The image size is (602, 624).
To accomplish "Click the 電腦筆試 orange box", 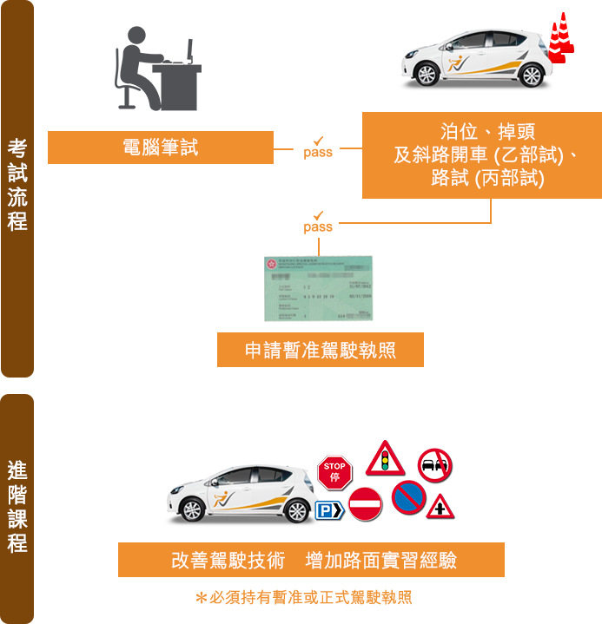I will [160, 147].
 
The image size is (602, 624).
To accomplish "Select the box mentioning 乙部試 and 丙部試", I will [481, 155].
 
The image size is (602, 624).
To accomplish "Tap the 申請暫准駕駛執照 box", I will [321, 351].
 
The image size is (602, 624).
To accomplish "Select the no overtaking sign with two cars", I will [433, 466].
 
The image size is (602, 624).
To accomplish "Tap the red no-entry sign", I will [365, 503].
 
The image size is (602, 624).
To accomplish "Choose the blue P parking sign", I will [327, 510].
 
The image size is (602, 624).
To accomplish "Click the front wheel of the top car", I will [427, 75].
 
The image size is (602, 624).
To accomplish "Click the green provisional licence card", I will [318, 288].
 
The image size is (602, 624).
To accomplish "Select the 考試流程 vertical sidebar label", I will [17, 184].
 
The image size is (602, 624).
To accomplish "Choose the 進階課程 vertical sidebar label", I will [17, 507].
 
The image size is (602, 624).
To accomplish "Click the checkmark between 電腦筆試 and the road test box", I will [318, 140].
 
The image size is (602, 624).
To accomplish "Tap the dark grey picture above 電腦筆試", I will [158, 69].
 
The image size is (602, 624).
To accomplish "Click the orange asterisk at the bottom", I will [200, 598].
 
